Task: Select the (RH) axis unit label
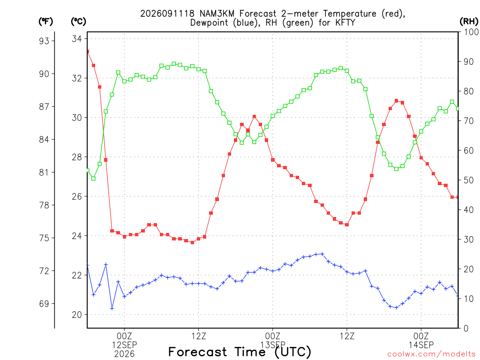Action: click(469, 21)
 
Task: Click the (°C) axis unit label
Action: click(78, 21)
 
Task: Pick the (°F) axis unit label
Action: click(45, 21)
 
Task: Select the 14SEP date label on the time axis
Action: click(421, 345)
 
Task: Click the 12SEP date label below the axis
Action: click(124, 345)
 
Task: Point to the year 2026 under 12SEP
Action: click(124, 354)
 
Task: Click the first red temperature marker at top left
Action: click(88, 52)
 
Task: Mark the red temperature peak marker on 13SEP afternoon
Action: click(397, 101)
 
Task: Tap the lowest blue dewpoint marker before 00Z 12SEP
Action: click(112, 308)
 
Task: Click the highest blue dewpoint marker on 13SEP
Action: click(322, 254)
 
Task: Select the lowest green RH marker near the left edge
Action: click(93, 178)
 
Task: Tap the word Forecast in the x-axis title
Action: click(198, 352)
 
